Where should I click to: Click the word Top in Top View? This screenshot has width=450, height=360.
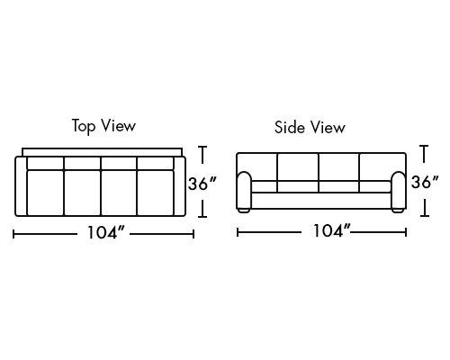click(x=84, y=126)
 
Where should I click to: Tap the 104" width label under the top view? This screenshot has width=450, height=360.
click(x=105, y=232)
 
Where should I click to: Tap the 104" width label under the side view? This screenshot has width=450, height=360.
click(x=332, y=231)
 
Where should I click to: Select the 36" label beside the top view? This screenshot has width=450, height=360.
click(x=202, y=184)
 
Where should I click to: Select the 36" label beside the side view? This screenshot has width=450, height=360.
click(x=425, y=182)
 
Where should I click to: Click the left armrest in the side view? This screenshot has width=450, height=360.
click(x=244, y=190)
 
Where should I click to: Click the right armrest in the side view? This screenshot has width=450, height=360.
click(x=399, y=190)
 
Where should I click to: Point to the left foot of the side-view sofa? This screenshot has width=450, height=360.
click(x=244, y=211)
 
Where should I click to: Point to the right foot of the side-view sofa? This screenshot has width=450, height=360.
click(x=398, y=211)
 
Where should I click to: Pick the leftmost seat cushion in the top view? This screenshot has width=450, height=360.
click(x=45, y=193)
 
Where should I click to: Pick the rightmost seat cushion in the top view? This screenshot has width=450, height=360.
click(x=156, y=193)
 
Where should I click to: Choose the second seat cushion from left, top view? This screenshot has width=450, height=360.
click(x=82, y=193)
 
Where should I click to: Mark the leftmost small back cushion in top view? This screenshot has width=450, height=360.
click(x=45, y=163)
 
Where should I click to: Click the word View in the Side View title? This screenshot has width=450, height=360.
click(x=328, y=127)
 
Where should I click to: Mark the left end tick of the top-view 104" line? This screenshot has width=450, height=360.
click(x=13, y=234)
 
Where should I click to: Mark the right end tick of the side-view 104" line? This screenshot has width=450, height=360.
click(x=406, y=232)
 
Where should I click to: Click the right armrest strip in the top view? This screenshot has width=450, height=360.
click(x=179, y=186)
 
